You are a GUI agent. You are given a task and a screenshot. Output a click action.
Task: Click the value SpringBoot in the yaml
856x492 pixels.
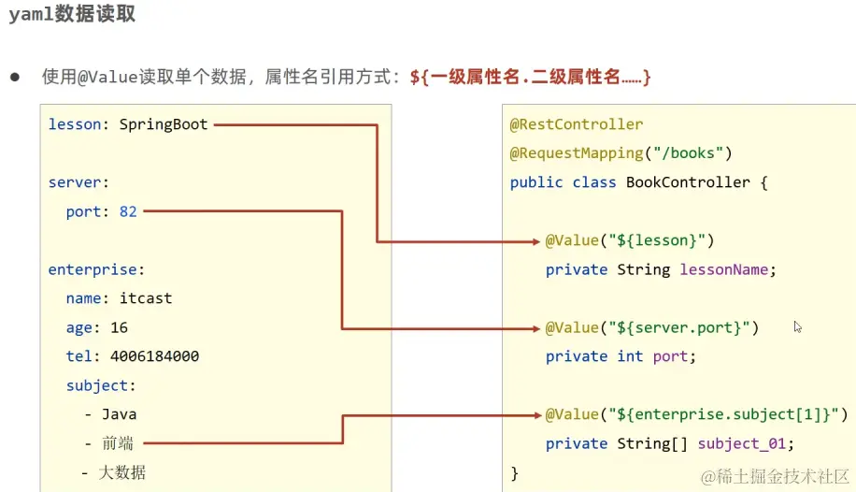[164, 124]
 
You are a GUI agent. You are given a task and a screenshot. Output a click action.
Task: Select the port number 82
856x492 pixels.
[128, 211]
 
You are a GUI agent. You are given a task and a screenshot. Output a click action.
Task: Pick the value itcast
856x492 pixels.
[146, 298]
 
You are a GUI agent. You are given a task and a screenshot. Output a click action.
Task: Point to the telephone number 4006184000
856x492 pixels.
[154, 356]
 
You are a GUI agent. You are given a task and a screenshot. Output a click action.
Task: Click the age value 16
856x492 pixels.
[119, 327]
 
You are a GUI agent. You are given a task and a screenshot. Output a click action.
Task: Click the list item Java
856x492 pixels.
[120, 414]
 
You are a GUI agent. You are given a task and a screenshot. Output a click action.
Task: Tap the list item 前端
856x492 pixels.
[119, 443]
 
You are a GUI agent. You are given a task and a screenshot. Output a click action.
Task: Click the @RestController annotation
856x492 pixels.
[577, 124]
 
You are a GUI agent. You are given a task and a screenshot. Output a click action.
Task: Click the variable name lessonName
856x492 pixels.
[724, 269]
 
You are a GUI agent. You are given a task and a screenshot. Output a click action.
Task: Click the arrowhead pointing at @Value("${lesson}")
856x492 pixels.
[535, 241]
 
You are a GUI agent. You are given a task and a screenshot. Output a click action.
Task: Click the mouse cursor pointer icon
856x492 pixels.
[797, 326]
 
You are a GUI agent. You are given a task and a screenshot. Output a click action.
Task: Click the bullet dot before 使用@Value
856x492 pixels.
[15, 77]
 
